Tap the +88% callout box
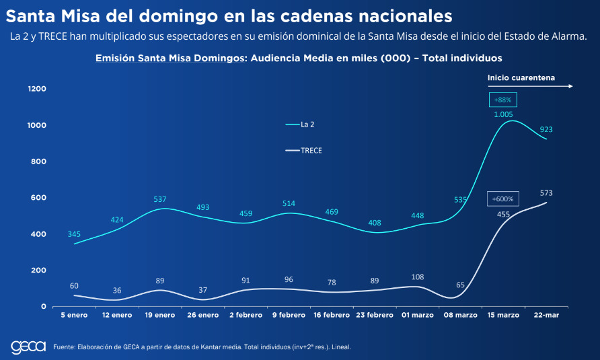pyautogui.click(x=502, y=100)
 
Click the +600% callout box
pyautogui.click(x=502, y=199)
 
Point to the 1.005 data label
pyautogui.click(x=503, y=114)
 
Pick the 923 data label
pyautogui.click(x=546, y=129)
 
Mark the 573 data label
pyautogui.click(x=546, y=193)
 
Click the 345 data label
pyautogui.click(x=74, y=234)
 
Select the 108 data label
pyautogui.click(x=417, y=277)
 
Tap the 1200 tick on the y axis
pyautogui.click(x=37, y=89)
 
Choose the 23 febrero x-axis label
pyautogui.click(x=374, y=315)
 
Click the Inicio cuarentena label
pyautogui.click(x=521, y=77)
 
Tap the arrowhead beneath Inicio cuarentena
pyautogui.click(x=570, y=86)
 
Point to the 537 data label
pyautogui.click(x=160, y=199)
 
